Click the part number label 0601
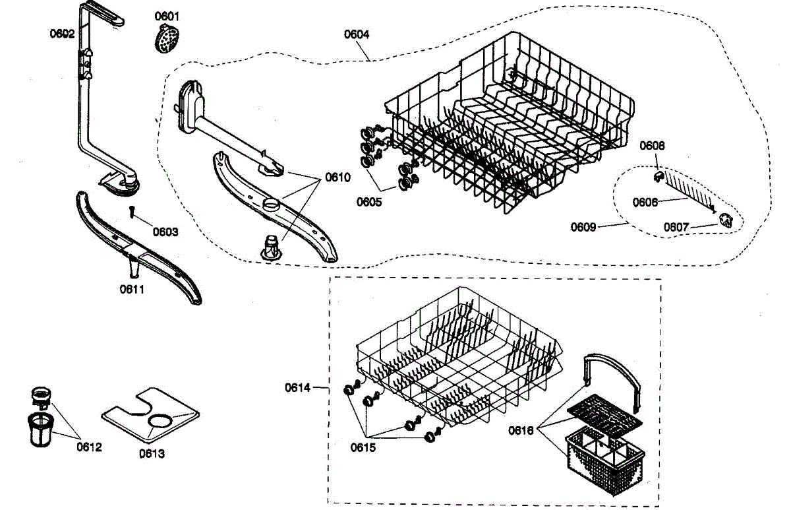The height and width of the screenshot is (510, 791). pyautogui.click(x=167, y=16)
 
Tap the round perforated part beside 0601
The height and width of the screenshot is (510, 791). pyautogui.click(x=167, y=38)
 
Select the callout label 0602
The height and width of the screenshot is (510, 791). pyautogui.click(x=62, y=34)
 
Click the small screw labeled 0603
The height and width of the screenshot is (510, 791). pyautogui.click(x=132, y=212)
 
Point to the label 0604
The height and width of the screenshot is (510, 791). pyautogui.click(x=357, y=34)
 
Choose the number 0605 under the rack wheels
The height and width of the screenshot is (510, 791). pyautogui.click(x=369, y=202)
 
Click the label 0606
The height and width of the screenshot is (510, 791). pyautogui.click(x=645, y=203)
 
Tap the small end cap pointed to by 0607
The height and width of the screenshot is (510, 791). pyautogui.click(x=726, y=220)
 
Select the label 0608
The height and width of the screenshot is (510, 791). pyautogui.click(x=652, y=146)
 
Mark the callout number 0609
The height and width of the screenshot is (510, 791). pyautogui.click(x=583, y=227)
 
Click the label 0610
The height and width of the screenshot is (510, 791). pyautogui.click(x=338, y=177)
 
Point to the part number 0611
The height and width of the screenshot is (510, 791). pyautogui.click(x=132, y=290)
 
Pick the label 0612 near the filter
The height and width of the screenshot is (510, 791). pyautogui.click(x=90, y=447)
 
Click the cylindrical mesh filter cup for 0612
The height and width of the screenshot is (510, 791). pyautogui.click(x=40, y=430)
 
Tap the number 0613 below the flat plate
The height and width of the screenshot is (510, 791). pyautogui.click(x=152, y=453)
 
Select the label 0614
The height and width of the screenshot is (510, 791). pyautogui.click(x=298, y=388)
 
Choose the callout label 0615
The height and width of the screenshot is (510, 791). pyautogui.click(x=363, y=448)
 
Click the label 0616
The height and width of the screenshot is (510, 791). pyautogui.click(x=521, y=430)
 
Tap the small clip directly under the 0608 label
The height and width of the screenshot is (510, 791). pyautogui.click(x=659, y=176)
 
